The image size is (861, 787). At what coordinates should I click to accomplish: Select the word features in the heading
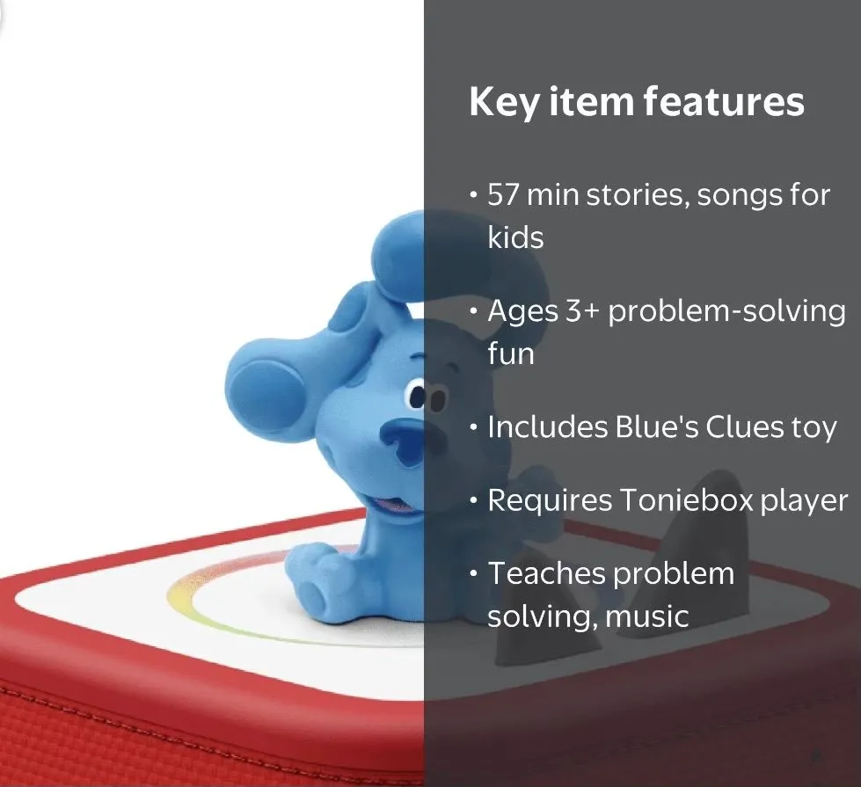[x=724, y=101]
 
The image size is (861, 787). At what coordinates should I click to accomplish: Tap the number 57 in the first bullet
[x=504, y=194]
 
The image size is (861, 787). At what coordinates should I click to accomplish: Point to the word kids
[x=515, y=237]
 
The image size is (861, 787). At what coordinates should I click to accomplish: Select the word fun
[x=511, y=353]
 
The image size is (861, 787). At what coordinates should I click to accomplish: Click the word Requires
[x=550, y=501]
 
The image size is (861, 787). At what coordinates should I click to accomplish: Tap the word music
[x=646, y=616]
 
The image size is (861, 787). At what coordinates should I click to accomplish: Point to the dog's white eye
[x=416, y=396]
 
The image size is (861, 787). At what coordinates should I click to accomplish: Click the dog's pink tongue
[x=391, y=506]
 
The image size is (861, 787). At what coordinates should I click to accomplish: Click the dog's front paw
[x=313, y=577]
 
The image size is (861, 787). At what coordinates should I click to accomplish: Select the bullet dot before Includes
[x=474, y=427]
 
